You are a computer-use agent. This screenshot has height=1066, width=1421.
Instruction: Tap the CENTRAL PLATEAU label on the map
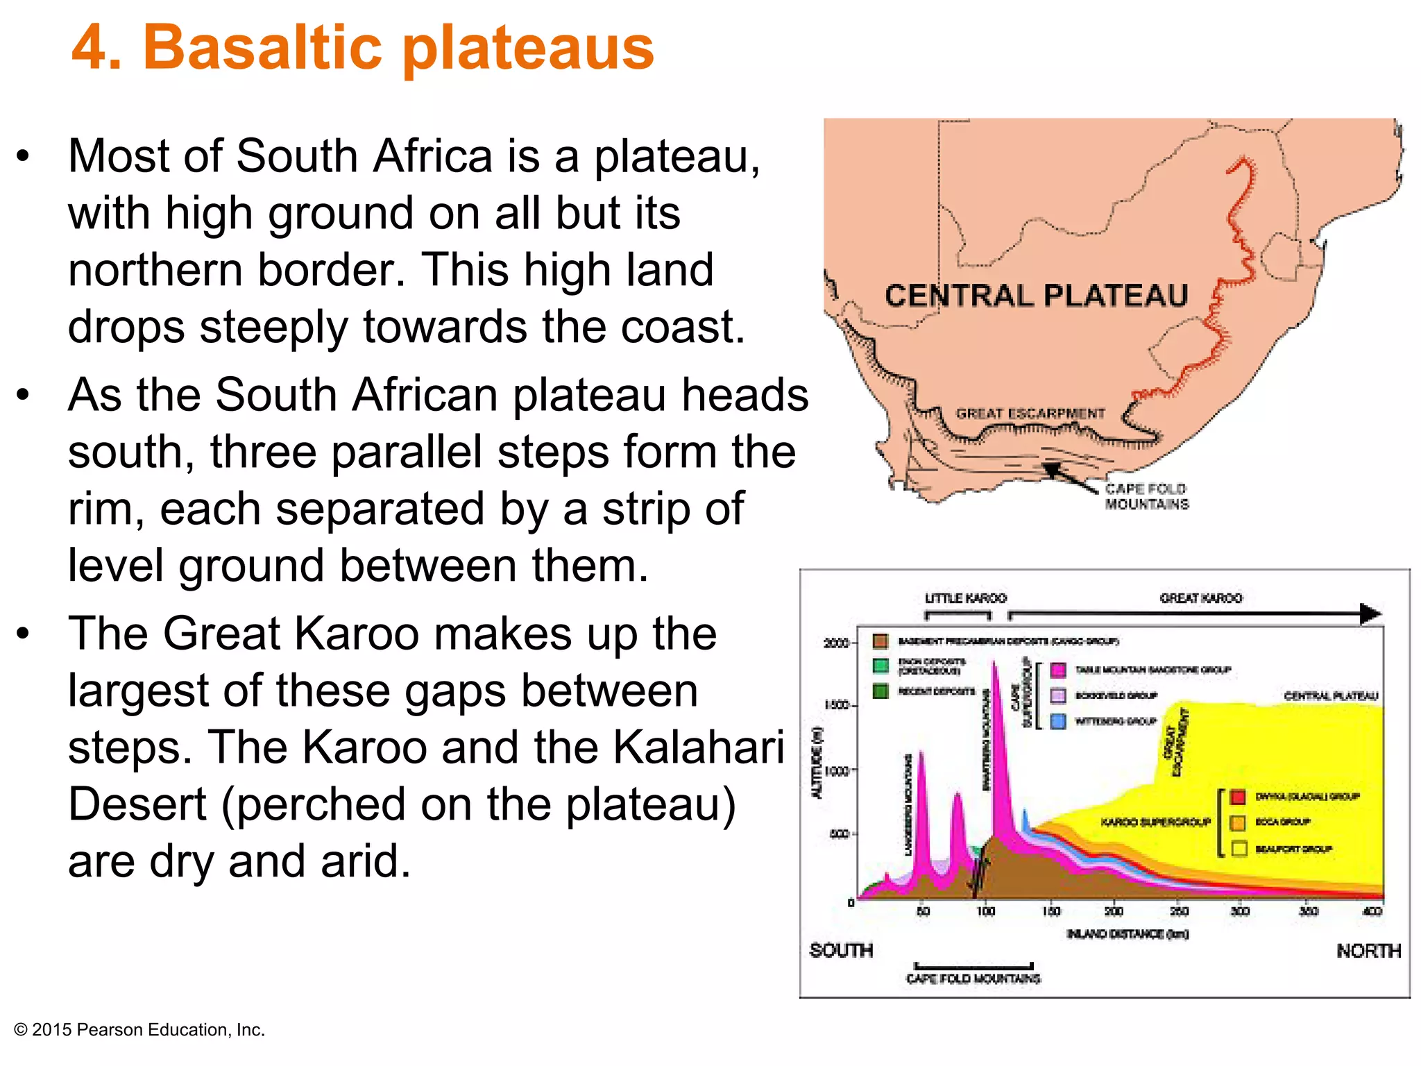1036,296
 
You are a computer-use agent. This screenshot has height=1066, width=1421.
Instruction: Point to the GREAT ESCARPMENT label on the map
1030,414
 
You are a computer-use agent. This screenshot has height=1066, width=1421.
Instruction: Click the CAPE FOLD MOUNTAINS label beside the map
1146,497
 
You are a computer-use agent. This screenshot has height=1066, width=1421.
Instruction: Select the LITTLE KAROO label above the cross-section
965,598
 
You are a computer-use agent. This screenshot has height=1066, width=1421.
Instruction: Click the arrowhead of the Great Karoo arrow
1370,614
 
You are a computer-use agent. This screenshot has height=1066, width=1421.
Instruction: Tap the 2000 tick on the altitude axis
836,643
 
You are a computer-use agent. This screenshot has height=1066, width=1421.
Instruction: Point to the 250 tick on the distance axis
1179,911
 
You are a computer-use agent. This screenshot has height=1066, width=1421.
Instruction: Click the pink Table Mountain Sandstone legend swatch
1058,670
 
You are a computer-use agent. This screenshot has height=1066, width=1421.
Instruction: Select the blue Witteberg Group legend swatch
1058,721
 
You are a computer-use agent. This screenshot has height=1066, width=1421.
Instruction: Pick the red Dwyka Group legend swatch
1239,796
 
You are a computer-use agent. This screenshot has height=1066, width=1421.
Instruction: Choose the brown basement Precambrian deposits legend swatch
880,641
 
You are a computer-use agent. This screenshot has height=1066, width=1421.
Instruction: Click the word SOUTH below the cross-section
841,950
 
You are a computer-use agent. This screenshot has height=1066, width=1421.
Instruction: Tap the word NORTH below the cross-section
1368,951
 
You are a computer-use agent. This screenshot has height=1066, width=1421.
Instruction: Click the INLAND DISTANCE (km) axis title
1128,934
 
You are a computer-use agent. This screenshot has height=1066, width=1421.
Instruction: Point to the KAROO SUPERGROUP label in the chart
1155,822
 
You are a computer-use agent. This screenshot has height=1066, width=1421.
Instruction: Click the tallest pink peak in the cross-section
995,666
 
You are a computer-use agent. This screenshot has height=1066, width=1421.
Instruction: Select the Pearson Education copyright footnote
139,1030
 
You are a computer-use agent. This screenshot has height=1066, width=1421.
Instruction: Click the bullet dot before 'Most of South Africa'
24,156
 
